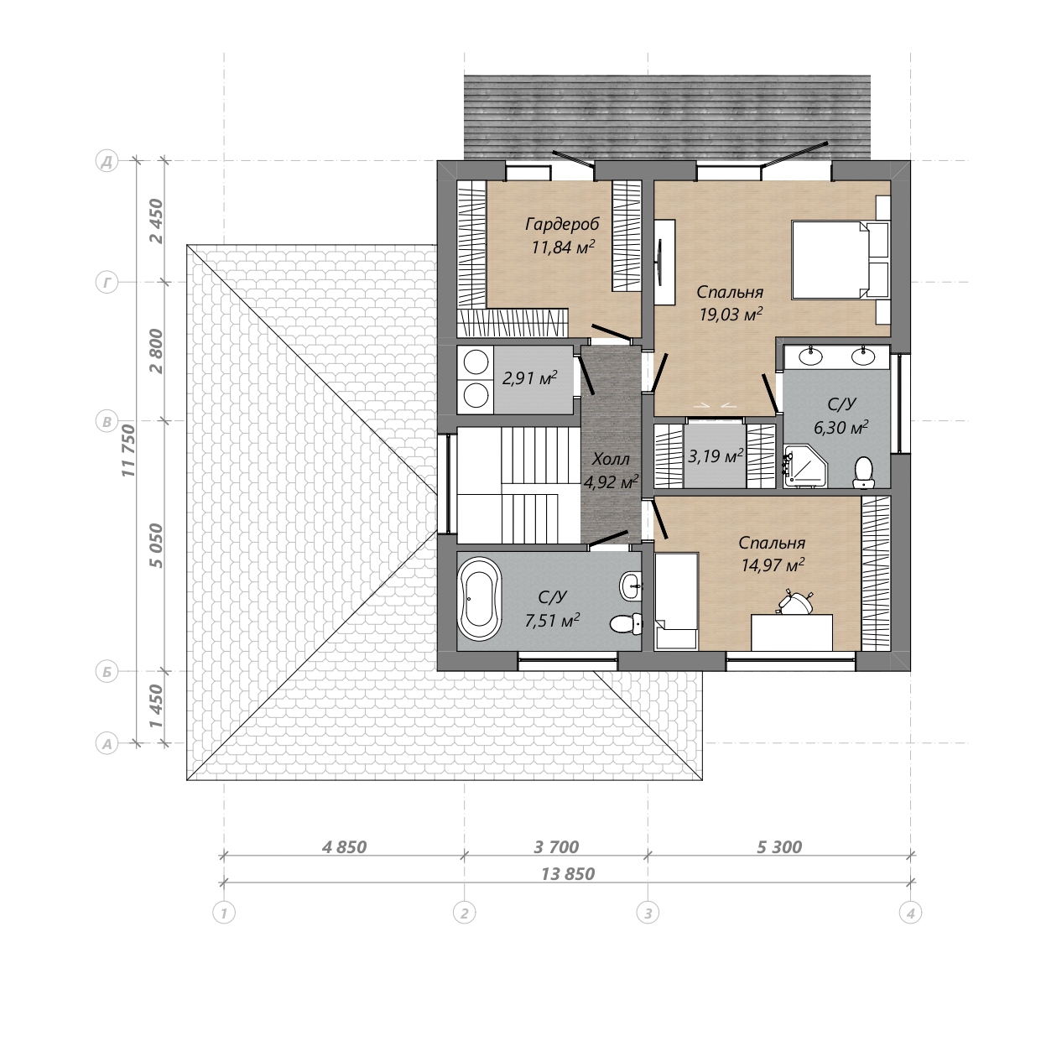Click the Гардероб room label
coord(562,224)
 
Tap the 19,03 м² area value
coord(731,314)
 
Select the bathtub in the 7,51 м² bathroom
coord(479,599)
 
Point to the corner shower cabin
coord(805,466)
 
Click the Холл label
coord(611,459)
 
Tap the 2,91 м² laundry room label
coord(529,378)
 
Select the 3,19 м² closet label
coord(716,456)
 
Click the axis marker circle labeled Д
coord(107,162)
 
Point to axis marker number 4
coord(910,913)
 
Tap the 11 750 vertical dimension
coord(128,450)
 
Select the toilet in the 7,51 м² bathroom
coord(626,624)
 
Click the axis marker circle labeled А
coord(107,744)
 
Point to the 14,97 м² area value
coord(773,565)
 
